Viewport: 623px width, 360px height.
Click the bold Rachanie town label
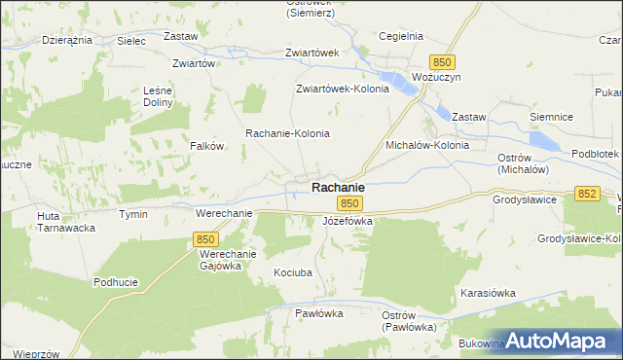coord(338,187)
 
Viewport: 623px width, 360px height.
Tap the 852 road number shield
coord(586,195)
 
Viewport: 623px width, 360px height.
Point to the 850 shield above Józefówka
coord(350,203)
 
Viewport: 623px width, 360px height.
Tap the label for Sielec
coord(130,42)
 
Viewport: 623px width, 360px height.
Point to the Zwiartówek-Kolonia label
coord(343,89)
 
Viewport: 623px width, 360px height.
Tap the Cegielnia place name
coord(402,36)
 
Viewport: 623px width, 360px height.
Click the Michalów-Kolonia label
coord(427,145)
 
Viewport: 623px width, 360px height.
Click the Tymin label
coord(132,213)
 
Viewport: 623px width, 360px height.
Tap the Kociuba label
coord(293,273)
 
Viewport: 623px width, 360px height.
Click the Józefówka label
coord(348,221)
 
